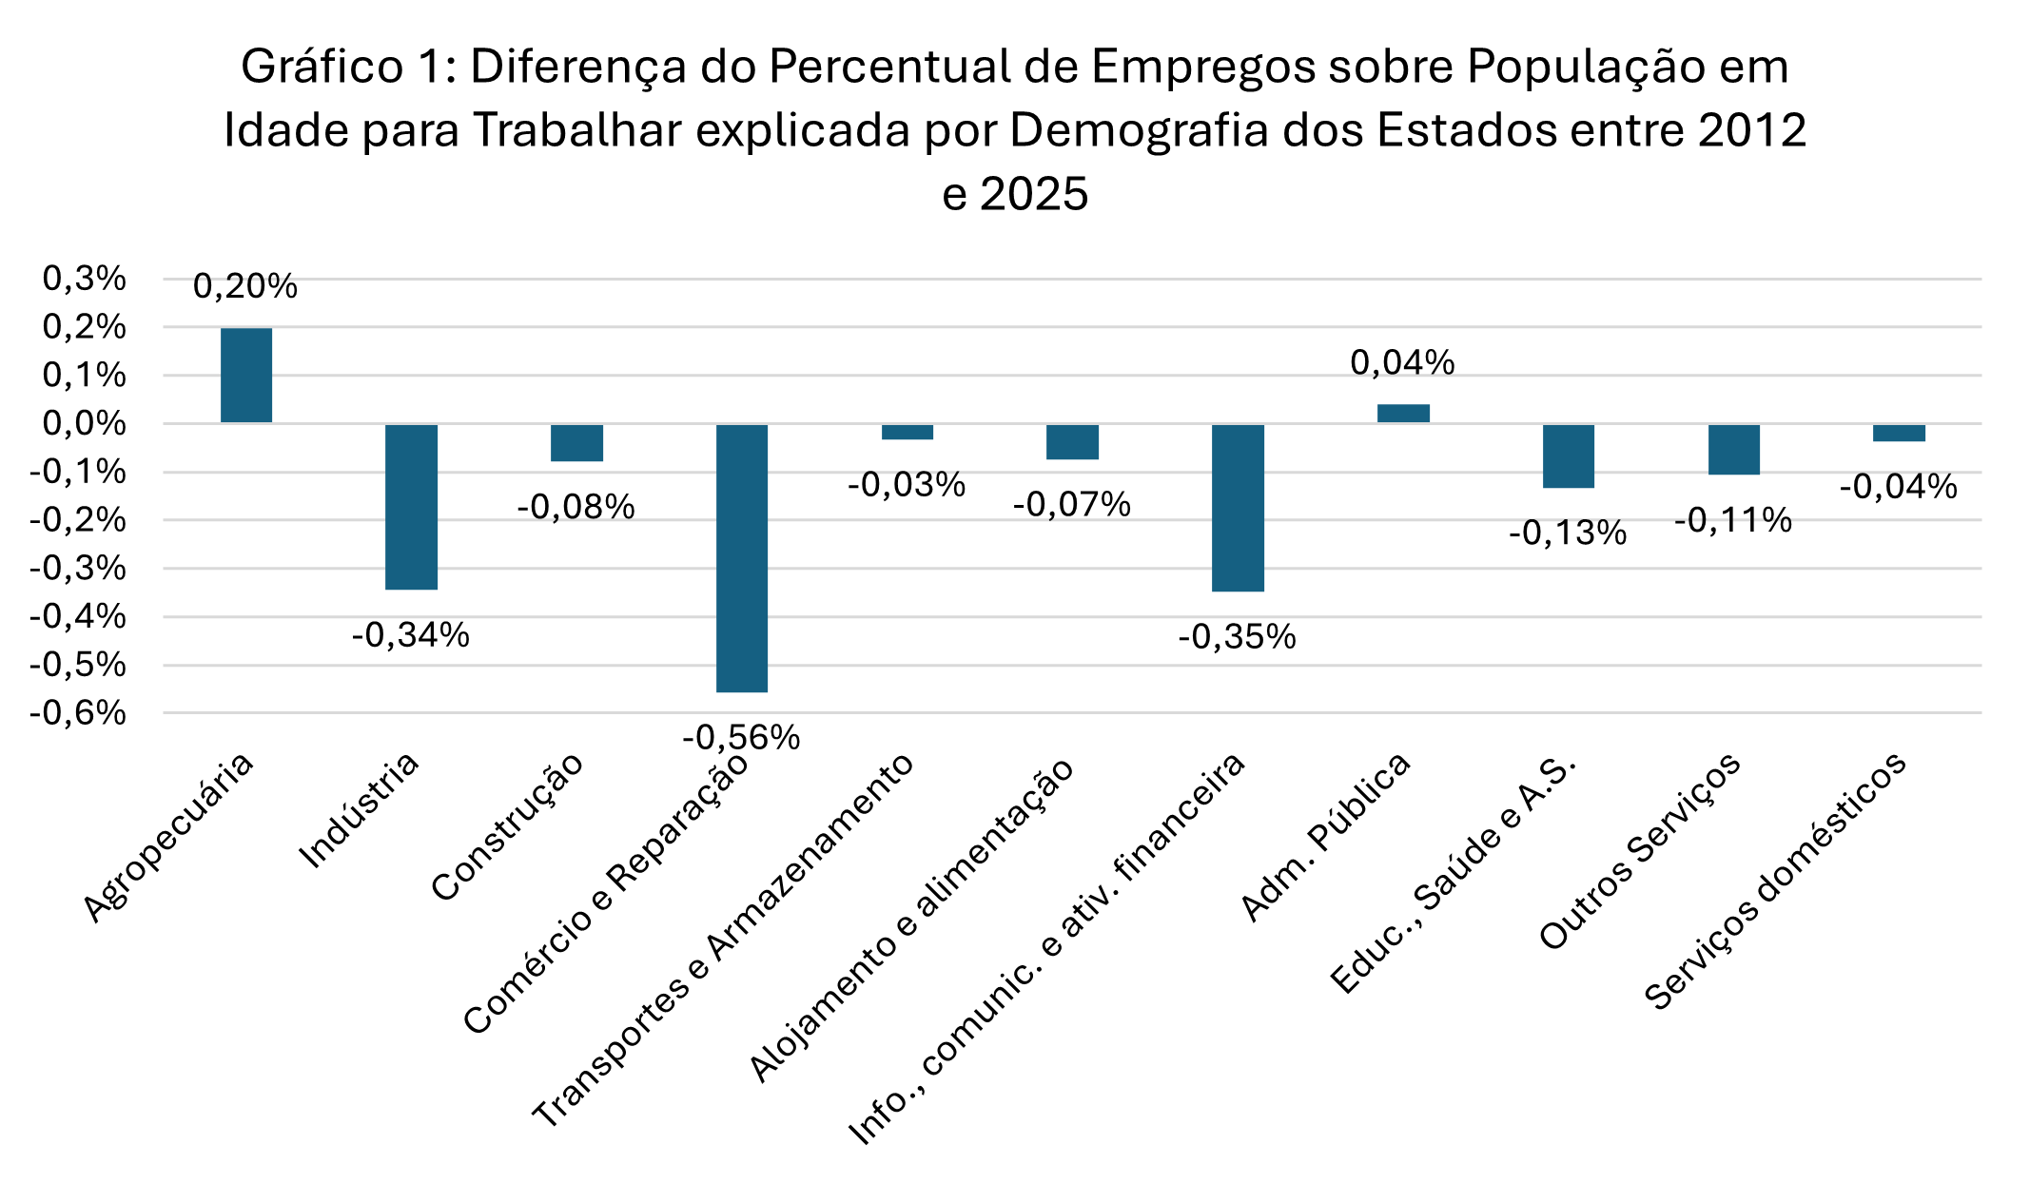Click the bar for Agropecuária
click(x=246, y=376)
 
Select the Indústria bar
click(x=411, y=507)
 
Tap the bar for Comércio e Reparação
click(x=742, y=558)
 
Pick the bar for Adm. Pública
click(x=1403, y=414)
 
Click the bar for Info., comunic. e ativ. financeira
click(x=1238, y=508)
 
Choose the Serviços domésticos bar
click(x=1899, y=433)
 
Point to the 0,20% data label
click(x=245, y=286)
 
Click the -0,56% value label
click(x=741, y=737)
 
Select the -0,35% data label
click(x=1237, y=637)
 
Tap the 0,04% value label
click(x=1402, y=362)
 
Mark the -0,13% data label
click(x=1568, y=533)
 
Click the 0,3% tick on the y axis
click(x=85, y=279)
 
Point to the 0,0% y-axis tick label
click(x=85, y=423)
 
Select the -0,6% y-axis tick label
click(x=78, y=713)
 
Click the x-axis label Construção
click(x=507, y=828)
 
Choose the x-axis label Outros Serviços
click(x=1640, y=851)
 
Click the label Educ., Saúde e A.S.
click(x=1454, y=873)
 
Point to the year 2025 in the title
click(x=1035, y=195)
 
